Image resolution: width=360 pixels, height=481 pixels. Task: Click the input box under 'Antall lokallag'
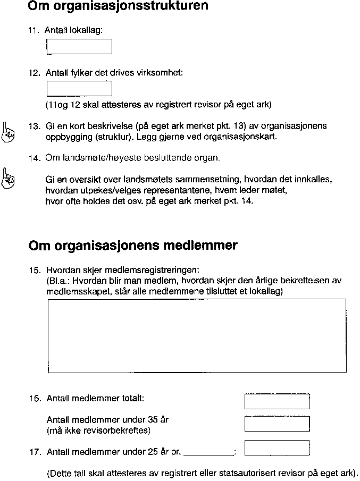point(79,47)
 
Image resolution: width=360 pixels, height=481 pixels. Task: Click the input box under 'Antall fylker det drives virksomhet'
point(79,88)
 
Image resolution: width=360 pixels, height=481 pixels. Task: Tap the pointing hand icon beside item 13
point(9,131)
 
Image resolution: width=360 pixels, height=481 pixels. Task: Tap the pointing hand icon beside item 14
point(9,178)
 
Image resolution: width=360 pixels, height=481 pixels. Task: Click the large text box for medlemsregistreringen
point(197,335)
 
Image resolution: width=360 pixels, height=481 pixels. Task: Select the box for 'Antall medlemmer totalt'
point(277,401)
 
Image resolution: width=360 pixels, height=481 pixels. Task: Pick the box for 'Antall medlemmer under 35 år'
point(277,424)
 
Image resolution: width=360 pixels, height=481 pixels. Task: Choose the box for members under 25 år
point(277,448)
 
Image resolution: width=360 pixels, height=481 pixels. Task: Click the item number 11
point(33,31)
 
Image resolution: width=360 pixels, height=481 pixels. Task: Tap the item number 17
point(34,453)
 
